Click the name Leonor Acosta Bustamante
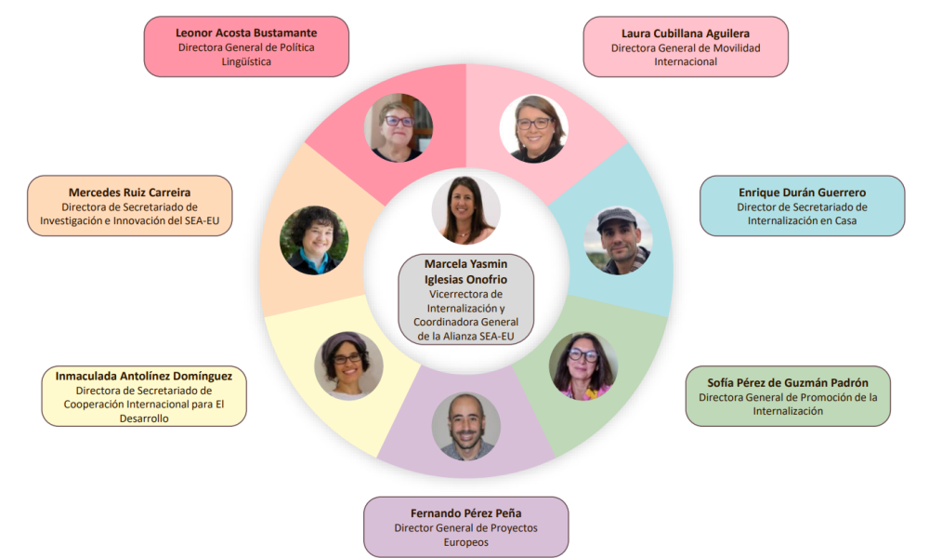[246, 32]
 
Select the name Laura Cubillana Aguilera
[686, 33]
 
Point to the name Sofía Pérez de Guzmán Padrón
[788, 381]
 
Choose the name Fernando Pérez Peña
[465, 512]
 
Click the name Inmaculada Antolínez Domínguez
[144, 376]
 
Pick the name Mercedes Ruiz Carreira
[129, 192]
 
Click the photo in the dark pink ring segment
[399, 128]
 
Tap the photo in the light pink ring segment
[532, 128]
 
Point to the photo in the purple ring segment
[465, 426]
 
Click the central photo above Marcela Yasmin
[465, 210]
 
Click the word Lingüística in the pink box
[246, 61]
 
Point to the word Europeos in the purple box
[465, 542]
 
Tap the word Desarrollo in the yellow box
[144, 418]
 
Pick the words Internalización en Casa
[802, 221]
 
